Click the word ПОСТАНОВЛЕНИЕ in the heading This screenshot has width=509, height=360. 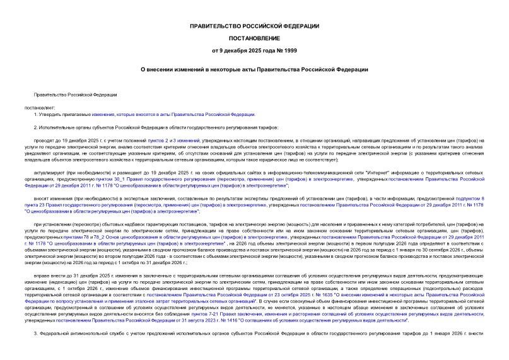point(254,37)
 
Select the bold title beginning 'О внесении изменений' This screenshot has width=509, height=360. point(254,69)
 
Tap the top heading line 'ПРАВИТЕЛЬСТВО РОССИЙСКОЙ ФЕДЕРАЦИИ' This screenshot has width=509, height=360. point(254,25)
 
